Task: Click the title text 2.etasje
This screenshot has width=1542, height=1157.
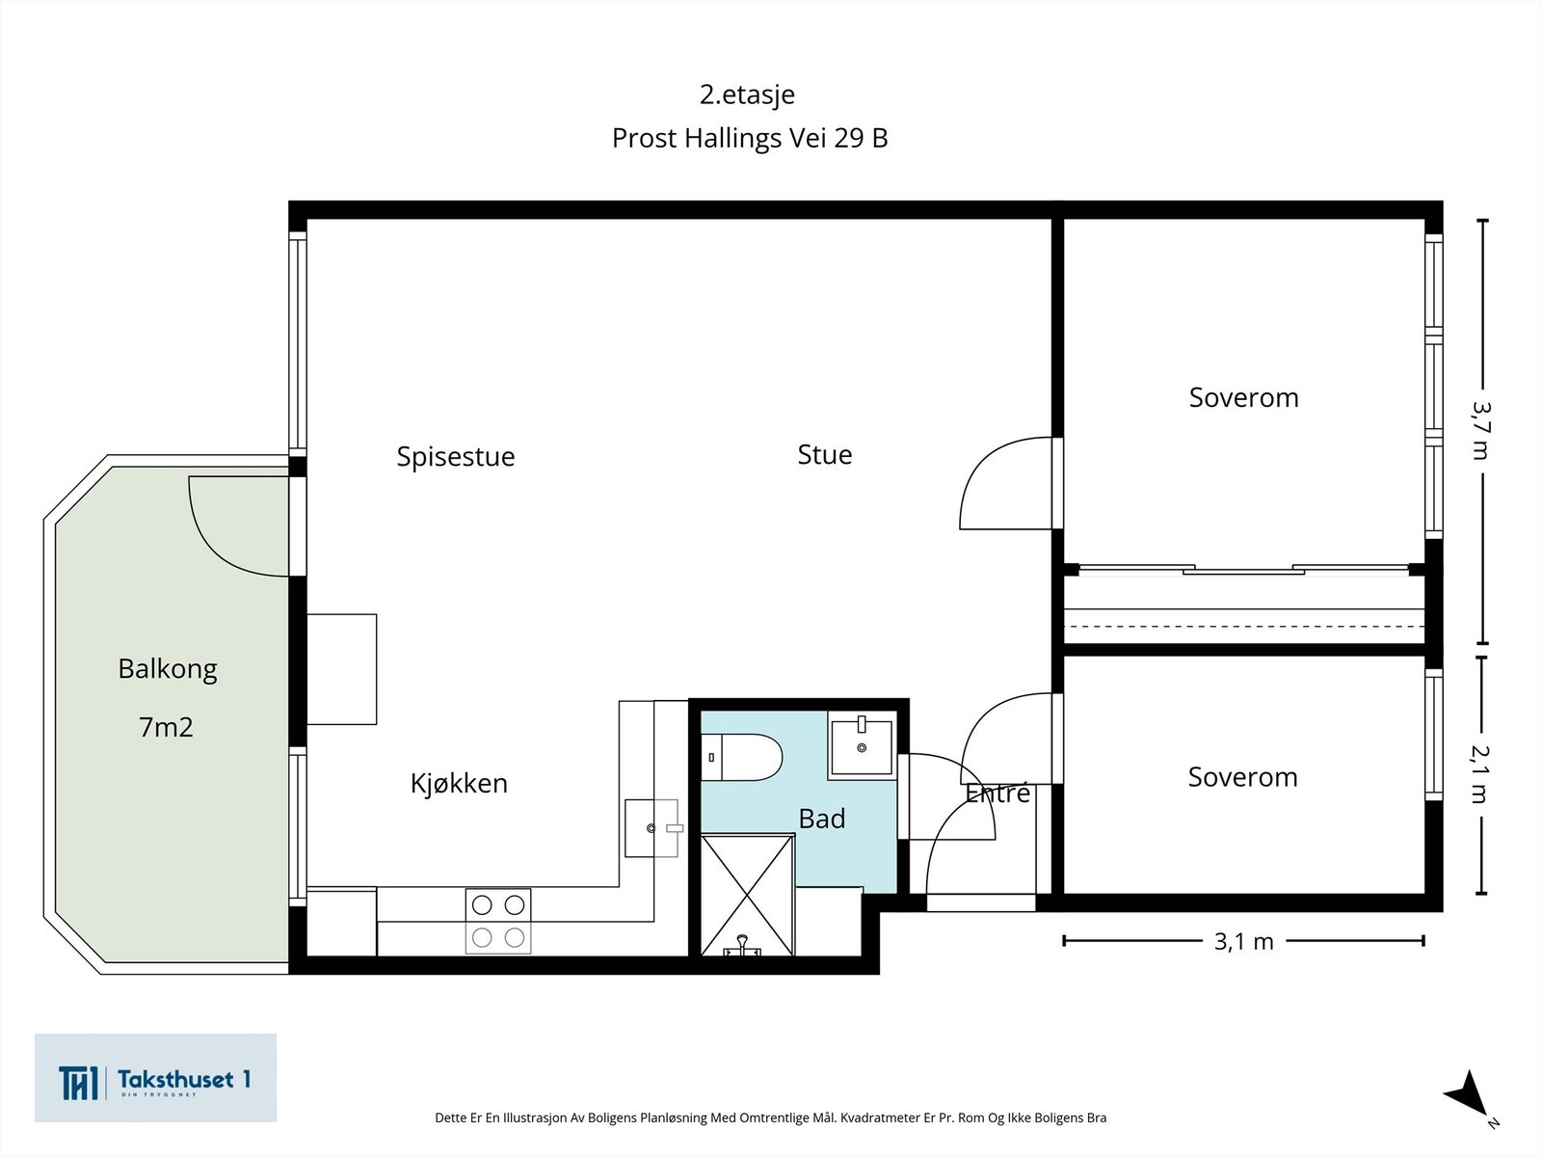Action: click(x=747, y=94)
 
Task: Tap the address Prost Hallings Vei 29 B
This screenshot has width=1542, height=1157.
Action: click(x=750, y=139)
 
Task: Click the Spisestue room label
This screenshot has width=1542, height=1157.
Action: click(x=456, y=457)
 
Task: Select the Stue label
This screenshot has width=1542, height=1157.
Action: click(x=825, y=454)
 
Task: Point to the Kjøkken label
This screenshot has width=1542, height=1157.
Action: click(x=459, y=783)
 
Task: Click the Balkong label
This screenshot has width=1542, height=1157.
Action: click(x=167, y=669)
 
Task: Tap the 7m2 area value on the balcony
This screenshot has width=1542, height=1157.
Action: click(x=166, y=727)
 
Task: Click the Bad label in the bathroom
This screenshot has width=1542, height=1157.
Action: click(x=822, y=820)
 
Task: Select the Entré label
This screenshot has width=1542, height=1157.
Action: click(x=997, y=794)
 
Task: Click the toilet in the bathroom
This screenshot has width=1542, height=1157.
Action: click(x=742, y=757)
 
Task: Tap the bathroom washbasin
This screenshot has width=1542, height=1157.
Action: click(x=862, y=746)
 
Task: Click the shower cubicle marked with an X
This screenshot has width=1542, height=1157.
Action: click(x=748, y=895)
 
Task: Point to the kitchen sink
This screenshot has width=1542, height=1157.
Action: click(x=651, y=827)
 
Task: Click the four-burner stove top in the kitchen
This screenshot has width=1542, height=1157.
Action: click(x=498, y=921)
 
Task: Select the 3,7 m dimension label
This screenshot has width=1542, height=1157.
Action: click(x=1481, y=431)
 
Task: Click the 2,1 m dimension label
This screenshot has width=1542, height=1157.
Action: click(x=1480, y=774)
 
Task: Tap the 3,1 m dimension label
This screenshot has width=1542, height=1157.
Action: click(x=1243, y=942)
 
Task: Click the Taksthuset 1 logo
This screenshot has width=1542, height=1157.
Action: click(x=155, y=1078)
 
